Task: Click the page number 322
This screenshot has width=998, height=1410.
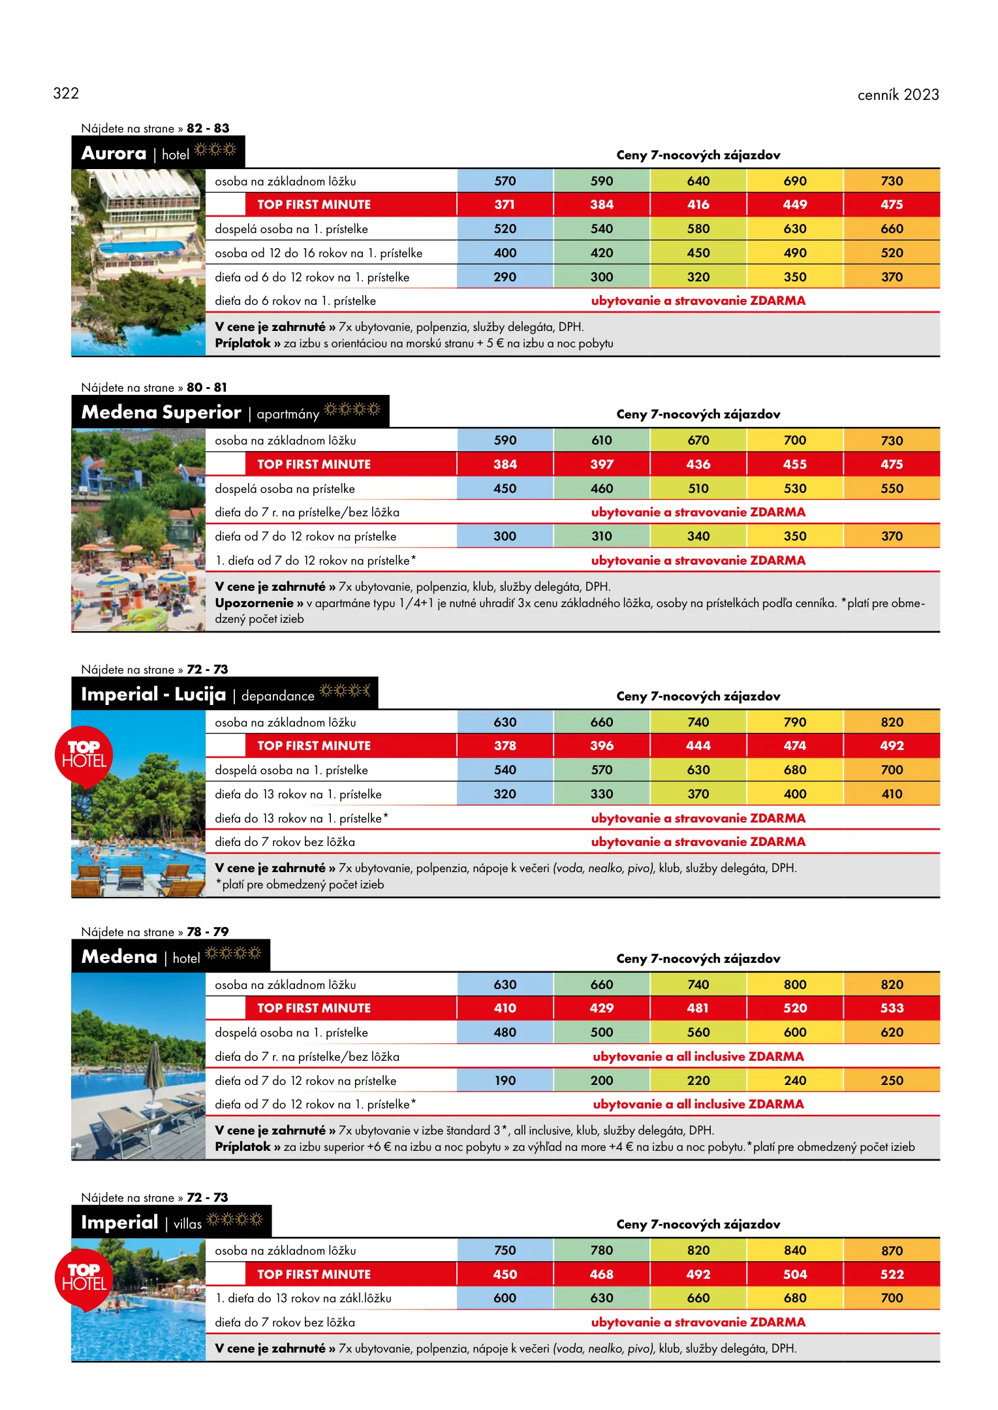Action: tap(66, 93)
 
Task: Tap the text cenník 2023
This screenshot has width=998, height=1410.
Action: tap(897, 95)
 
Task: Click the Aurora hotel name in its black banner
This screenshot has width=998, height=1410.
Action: tap(114, 153)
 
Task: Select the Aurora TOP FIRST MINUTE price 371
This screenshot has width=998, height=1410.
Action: tap(505, 204)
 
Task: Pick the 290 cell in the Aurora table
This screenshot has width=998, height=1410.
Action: tap(505, 277)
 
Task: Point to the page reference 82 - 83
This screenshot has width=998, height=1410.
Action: tap(208, 128)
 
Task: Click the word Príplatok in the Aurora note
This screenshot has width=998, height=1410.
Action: tap(242, 343)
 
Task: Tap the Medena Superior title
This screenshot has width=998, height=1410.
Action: tap(161, 413)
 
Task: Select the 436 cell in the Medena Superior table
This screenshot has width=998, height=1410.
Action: tap(698, 464)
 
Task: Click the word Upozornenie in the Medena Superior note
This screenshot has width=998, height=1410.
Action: tap(254, 603)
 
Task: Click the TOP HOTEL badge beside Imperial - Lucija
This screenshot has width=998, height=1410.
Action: tap(84, 755)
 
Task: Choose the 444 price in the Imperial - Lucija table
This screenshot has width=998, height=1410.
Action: tap(698, 745)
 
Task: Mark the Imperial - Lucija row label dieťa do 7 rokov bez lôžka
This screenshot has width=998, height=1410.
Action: tap(285, 842)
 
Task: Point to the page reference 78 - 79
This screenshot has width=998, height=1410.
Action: tap(208, 932)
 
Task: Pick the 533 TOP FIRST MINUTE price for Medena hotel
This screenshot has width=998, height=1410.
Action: tap(892, 1008)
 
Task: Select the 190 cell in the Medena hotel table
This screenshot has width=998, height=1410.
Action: tap(505, 1080)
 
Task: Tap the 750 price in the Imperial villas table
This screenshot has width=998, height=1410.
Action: tap(505, 1250)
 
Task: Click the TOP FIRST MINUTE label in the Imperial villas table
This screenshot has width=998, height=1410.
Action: tap(313, 1274)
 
